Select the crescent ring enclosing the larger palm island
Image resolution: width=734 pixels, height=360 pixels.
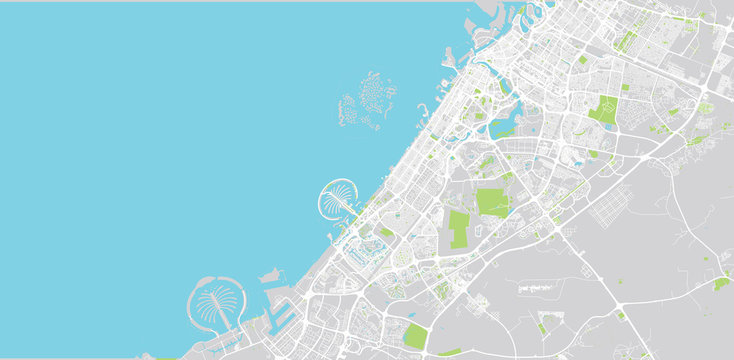click(x=191, y=300)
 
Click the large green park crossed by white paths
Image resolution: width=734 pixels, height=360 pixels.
click(x=603, y=109)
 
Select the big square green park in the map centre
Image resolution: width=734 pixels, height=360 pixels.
click(x=492, y=202)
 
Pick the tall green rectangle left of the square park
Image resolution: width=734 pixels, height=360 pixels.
click(x=459, y=229)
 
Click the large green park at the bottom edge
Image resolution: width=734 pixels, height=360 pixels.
click(x=415, y=336)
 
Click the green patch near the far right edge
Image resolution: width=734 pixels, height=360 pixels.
click(x=721, y=284)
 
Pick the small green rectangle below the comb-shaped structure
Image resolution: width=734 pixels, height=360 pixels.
click(x=542, y=327)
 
